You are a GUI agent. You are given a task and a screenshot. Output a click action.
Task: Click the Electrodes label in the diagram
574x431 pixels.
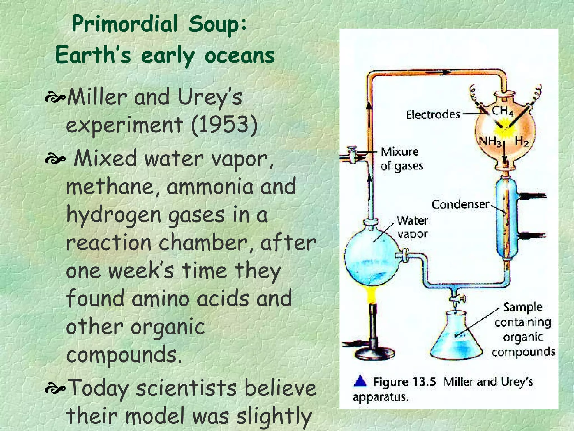(x=433, y=114)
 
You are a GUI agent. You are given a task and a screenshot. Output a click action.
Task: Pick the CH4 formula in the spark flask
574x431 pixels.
(x=503, y=111)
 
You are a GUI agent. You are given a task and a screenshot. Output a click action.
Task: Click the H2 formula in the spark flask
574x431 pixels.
(x=521, y=141)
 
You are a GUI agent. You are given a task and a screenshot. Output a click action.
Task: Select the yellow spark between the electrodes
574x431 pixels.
(x=504, y=130)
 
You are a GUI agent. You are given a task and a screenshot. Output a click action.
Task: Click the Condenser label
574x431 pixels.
(x=460, y=204)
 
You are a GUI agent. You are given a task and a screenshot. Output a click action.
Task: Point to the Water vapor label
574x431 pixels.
(x=412, y=227)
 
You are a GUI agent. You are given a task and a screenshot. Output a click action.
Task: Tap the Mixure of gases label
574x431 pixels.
(x=401, y=159)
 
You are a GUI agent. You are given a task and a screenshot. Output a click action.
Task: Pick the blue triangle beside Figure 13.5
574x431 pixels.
(x=360, y=381)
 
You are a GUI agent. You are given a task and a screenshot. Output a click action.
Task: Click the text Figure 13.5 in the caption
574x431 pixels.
(x=404, y=382)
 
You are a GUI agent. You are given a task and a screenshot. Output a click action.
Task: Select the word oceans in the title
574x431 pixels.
(x=240, y=55)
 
